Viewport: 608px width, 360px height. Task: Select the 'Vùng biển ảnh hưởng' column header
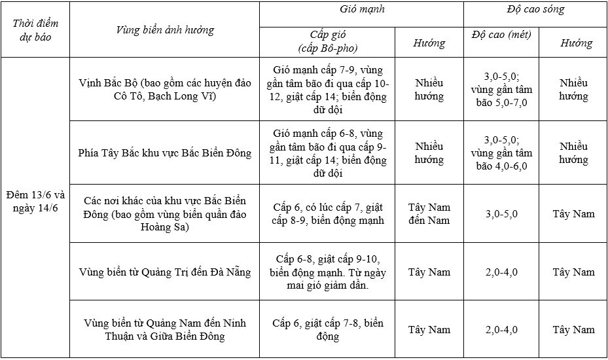(165, 30)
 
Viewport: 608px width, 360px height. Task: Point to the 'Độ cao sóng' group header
(535, 10)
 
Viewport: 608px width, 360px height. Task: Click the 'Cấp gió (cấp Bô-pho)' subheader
(327, 41)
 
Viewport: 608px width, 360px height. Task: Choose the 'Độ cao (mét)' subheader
(501, 35)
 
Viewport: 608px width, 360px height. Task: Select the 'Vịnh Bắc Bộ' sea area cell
(165, 90)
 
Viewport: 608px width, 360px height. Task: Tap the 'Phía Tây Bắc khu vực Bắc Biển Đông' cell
(165, 153)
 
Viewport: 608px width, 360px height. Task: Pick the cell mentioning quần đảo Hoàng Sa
(165, 213)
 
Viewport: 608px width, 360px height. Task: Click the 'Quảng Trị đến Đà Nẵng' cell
(165, 272)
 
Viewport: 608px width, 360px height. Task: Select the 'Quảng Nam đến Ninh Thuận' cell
(165, 329)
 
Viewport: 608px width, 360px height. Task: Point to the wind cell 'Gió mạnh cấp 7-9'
(327, 90)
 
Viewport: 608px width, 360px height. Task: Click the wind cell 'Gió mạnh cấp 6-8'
(327, 153)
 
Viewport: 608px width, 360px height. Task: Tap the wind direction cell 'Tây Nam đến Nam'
(429, 213)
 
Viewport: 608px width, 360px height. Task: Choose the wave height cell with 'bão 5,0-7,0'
(501, 90)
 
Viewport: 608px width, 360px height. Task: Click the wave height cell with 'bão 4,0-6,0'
(501, 153)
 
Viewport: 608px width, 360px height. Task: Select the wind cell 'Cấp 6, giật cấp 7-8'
(327, 329)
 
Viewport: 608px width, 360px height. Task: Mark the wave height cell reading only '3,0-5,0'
(501, 214)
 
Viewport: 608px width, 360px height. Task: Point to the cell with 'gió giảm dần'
(327, 272)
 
